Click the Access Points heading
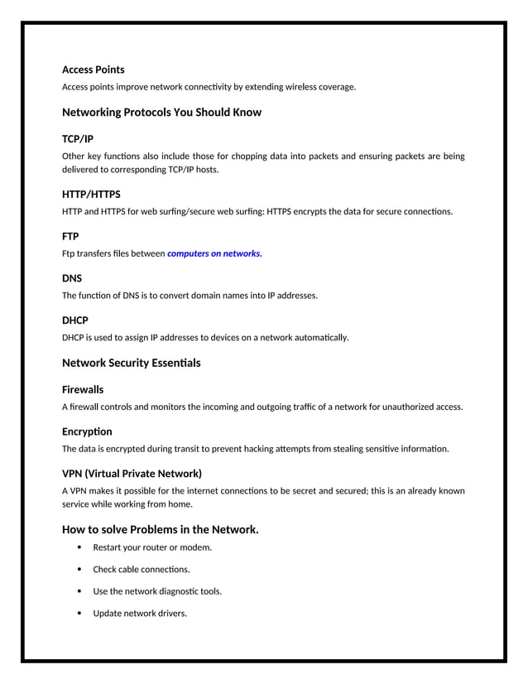[93, 70]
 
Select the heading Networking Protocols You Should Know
[161, 112]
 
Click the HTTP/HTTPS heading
[91, 194]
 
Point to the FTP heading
[70, 236]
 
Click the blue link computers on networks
[214, 253]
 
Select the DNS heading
[72, 278]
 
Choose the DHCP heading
[75, 320]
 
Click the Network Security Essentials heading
[131, 363]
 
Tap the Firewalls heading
[83, 389]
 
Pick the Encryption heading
[87, 431]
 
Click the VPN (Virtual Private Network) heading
[132, 474]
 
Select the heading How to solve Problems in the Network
[160, 529]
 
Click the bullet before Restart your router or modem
[79, 547]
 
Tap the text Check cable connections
[141, 570]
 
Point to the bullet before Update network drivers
[79, 614]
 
